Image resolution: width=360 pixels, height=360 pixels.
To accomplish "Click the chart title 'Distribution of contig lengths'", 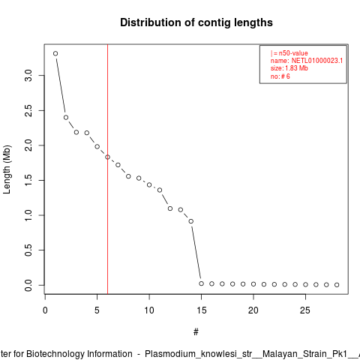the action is click(x=196, y=22).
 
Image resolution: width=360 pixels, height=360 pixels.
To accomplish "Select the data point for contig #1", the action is click(x=55, y=53).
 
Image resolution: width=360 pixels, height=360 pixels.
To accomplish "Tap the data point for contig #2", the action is click(x=66, y=118).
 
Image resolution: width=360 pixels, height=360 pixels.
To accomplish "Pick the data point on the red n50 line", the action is click(x=107, y=157).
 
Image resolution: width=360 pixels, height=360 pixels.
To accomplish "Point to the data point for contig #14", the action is click(x=191, y=221).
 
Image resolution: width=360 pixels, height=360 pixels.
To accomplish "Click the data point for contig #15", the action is click(x=202, y=283).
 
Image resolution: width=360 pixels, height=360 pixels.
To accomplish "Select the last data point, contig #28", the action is click(x=337, y=285).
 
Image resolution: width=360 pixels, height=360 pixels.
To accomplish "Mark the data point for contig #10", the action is click(x=149, y=184).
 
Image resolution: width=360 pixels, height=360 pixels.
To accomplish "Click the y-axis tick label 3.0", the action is click(x=28, y=75).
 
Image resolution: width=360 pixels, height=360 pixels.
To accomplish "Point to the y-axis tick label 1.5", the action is click(x=28, y=180).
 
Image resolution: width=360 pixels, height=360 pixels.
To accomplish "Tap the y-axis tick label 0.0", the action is click(x=28, y=285).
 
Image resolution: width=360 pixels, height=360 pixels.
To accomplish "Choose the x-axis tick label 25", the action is click(x=305, y=310).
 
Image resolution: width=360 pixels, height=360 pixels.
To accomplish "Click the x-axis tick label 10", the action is click(x=149, y=310).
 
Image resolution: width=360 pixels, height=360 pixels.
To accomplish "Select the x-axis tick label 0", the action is click(x=45, y=310).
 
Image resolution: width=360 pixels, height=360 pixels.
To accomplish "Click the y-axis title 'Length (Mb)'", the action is click(x=7, y=169).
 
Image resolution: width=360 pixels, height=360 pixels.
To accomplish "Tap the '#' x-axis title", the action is click(x=196, y=332).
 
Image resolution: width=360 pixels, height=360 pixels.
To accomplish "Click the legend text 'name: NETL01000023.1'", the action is click(x=307, y=61).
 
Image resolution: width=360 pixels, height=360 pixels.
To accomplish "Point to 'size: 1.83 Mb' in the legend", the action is click(x=289, y=68).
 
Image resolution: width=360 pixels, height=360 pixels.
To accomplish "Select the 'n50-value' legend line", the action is click(x=289, y=53).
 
